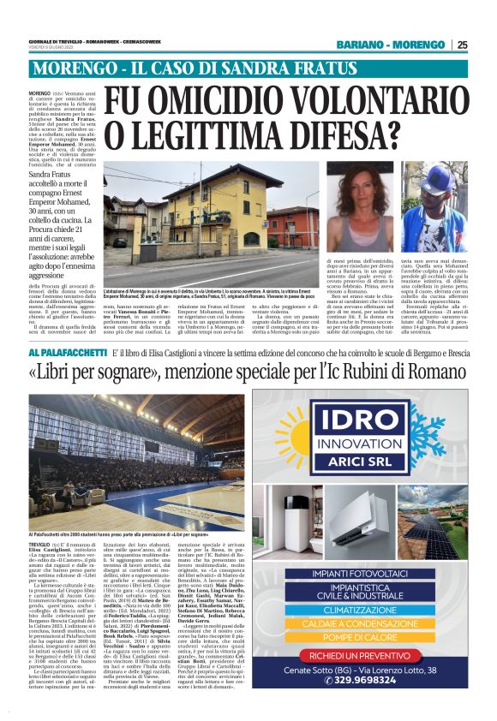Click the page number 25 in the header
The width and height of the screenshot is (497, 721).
pyautogui.click(x=462, y=45)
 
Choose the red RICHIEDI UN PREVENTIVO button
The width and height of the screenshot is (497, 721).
pyautogui.click(x=370, y=655)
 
